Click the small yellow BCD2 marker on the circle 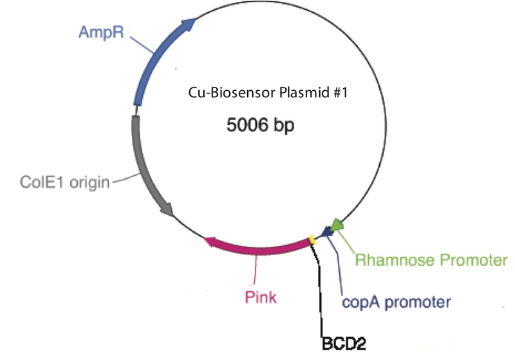[313, 240]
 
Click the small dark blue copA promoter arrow [324, 235]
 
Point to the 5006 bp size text [260, 126]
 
